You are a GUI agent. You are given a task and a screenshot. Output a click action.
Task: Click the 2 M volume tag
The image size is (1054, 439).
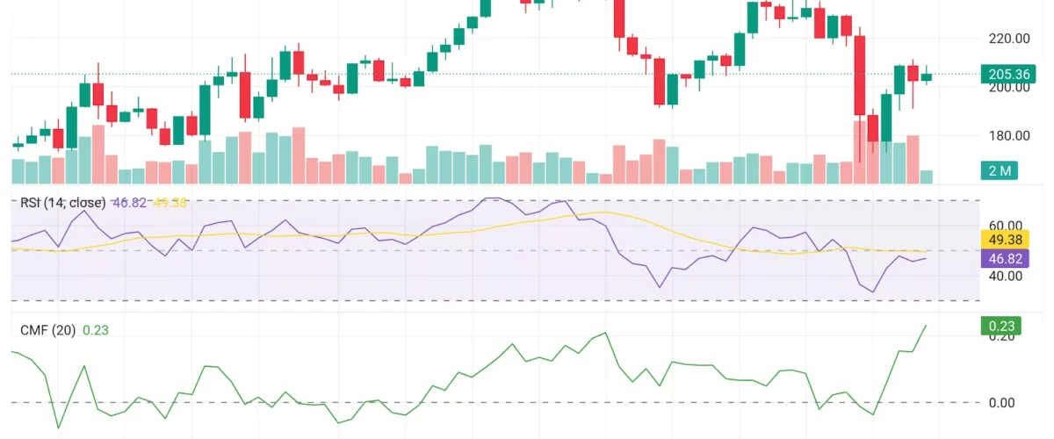point(1000,170)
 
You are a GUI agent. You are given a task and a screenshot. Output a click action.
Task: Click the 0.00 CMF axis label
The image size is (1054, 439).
point(1001,403)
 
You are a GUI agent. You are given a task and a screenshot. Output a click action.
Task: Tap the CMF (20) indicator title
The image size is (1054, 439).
point(47,330)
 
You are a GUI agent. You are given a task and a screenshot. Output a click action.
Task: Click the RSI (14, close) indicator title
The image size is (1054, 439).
point(62,203)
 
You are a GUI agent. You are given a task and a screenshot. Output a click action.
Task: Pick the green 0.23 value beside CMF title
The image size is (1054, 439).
point(95,330)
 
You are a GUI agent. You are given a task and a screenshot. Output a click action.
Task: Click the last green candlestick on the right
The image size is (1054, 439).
point(926,76)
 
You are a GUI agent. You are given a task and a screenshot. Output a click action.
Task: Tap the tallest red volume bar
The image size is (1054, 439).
point(860,152)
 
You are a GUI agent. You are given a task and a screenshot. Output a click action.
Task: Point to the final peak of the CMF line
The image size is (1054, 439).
point(926,325)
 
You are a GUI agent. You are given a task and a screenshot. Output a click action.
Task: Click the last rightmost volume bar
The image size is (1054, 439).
point(926,176)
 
